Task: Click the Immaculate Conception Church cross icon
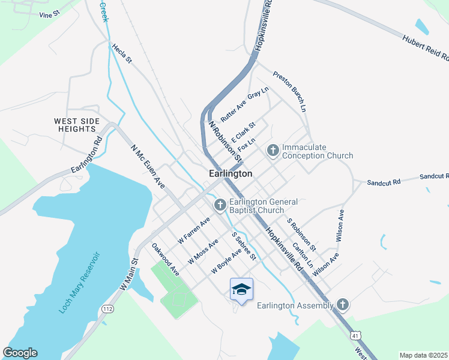(273, 150)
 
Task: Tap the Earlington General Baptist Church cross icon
(220, 206)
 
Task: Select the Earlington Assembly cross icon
(343, 305)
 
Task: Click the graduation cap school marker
(241, 290)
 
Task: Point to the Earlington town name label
(231, 173)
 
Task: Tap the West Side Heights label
(77, 125)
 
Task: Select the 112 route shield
(108, 308)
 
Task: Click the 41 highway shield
(356, 335)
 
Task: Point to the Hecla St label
(121, 53)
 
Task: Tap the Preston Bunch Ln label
(290, 92)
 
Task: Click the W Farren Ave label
(194, 230)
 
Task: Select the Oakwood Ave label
(166, 259)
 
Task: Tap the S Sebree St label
(244, 247)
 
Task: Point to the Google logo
(20, 353)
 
